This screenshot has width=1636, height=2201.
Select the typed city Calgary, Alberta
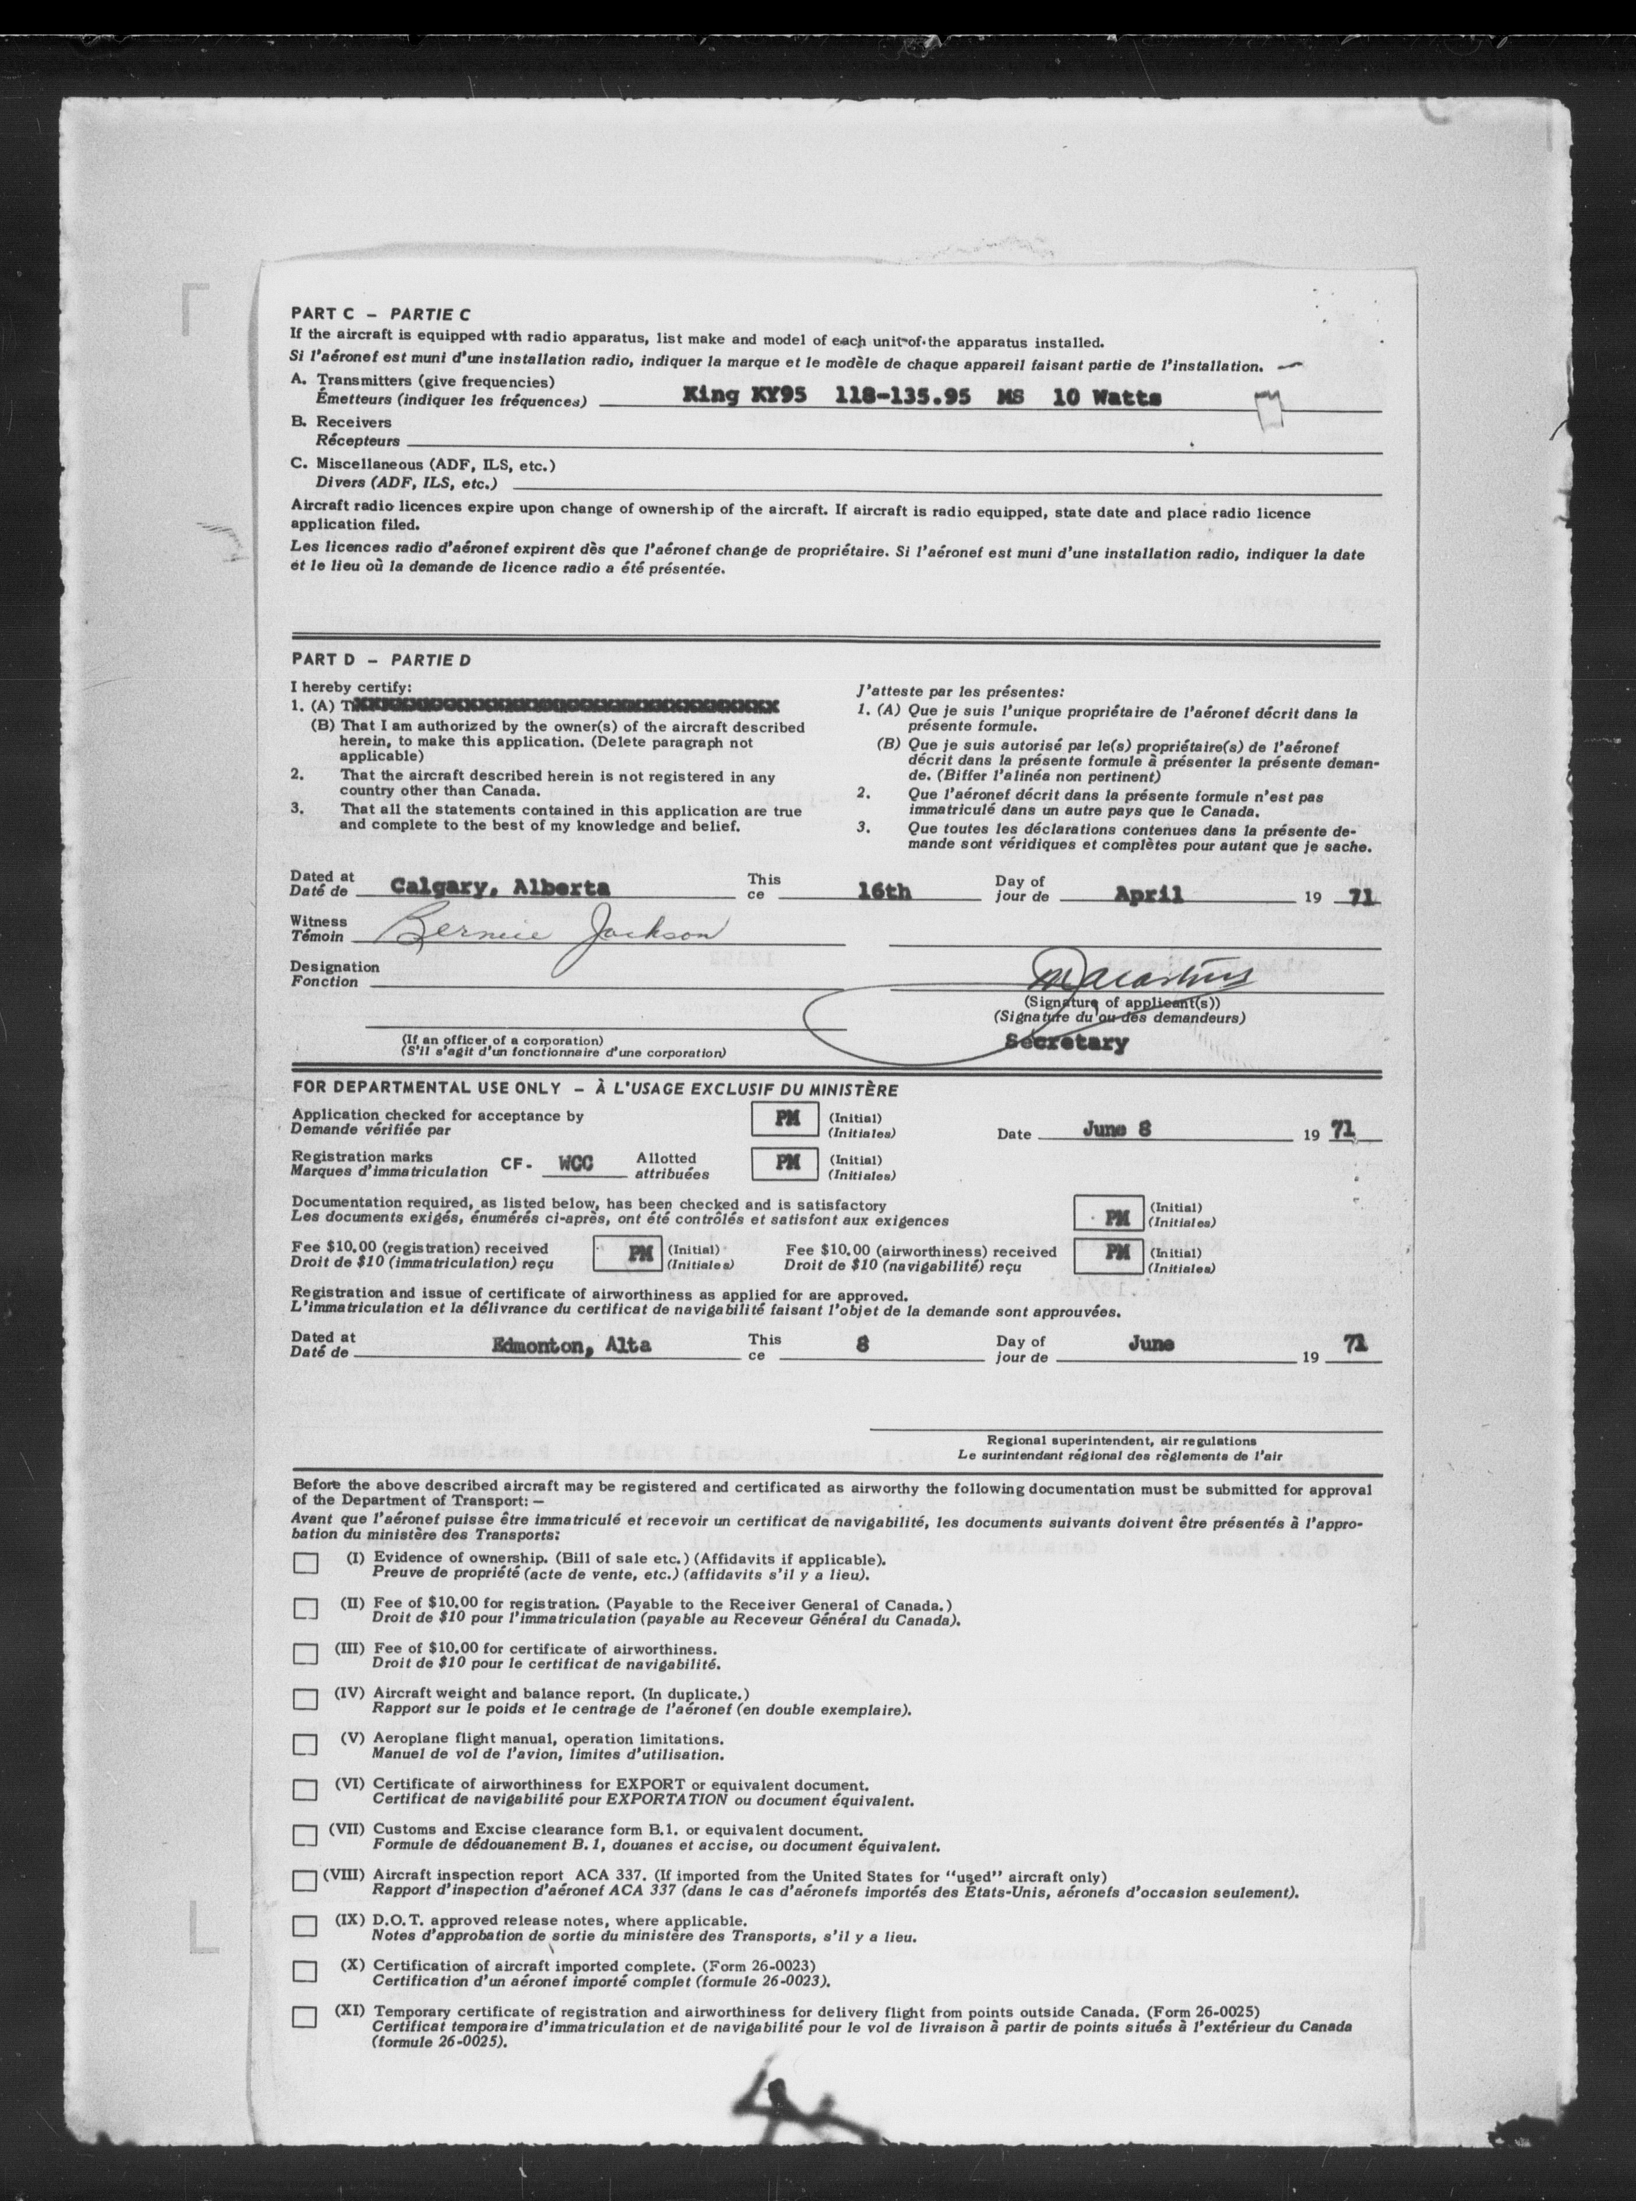[x=500, y=888]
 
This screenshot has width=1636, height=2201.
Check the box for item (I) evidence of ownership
[x=305, y=1563]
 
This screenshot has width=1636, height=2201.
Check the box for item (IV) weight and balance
[x=305, y=1699]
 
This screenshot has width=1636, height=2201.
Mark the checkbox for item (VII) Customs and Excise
[x=305, y=1834]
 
